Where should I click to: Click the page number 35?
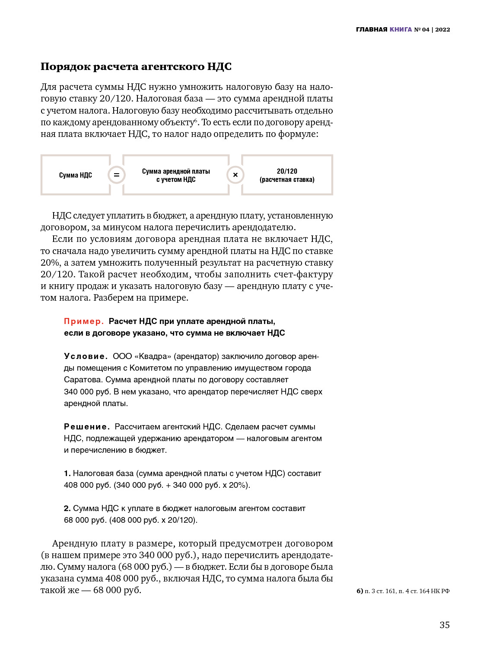[445, 625]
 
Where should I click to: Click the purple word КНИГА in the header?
[401, 29]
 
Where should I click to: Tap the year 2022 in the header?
[442, 29]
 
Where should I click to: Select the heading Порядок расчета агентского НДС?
[136, 67]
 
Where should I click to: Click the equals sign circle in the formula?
[116, 175]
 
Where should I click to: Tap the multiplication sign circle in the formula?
[235, 175]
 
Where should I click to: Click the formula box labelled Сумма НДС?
[76, 175]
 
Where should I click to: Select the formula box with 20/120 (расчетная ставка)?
[287, 175]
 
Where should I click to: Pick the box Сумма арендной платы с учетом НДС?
[176, 175]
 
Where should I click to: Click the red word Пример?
[84, 321]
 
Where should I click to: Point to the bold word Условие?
[86, 356]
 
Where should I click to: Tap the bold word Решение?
[87, 427]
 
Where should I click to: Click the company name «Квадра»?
[153, 356]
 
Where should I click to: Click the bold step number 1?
[67, 473]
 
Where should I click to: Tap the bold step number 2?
[67, 508]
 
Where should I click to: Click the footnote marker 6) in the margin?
[359, 591]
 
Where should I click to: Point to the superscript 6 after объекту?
[195, 121]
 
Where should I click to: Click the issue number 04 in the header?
[426, 29]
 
